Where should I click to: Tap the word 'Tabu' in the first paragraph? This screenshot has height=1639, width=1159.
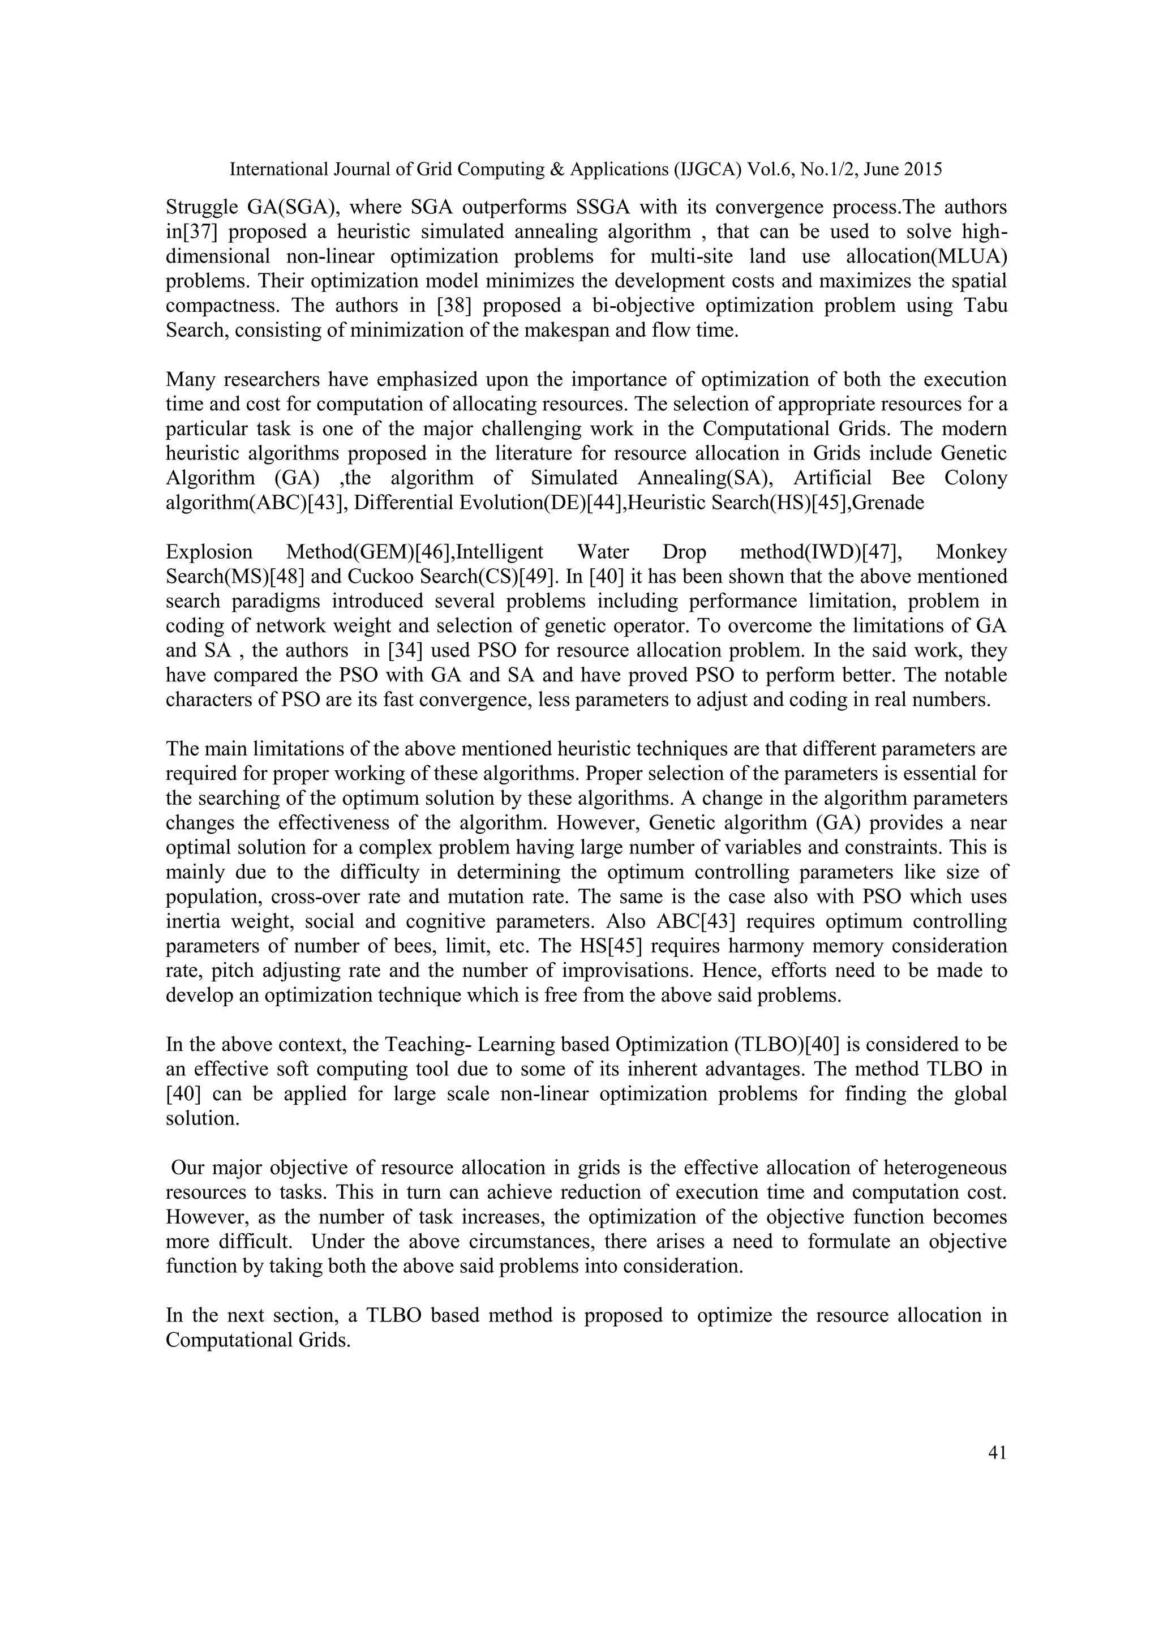985,306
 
